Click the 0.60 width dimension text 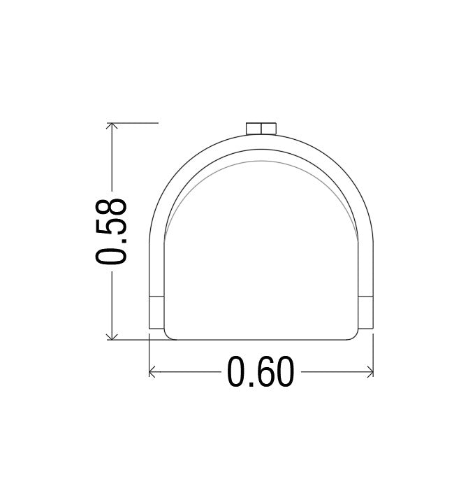point(261,371)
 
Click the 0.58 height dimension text point(111,231)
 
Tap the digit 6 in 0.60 point(261,371)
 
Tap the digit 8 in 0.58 point(111,208)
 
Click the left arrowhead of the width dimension point(152,371)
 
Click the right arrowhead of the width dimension point(370,371)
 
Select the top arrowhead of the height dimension point(112,126)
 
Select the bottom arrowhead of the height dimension point(112,336)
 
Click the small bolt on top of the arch point(261,129)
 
